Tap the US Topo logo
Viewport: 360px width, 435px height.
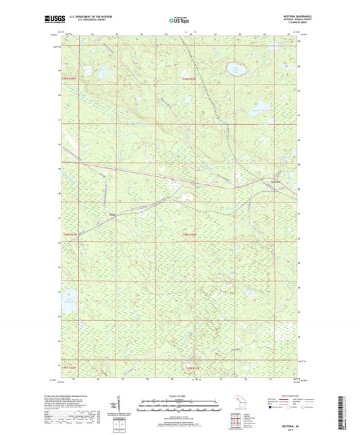pyautogui.click(x=179, y=20)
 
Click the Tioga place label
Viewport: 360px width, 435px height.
pyautogui.click(x=113, y=216)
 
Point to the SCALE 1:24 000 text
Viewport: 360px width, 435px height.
pyautogui.click(x=179, y=396)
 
